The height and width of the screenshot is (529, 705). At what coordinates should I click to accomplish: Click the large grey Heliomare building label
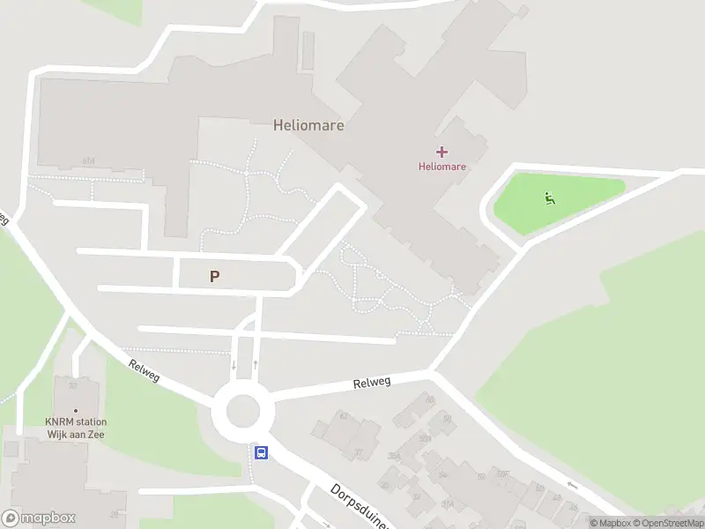[x=308, y=125]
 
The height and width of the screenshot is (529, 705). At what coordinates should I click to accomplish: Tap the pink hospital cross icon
[x=442, y=152]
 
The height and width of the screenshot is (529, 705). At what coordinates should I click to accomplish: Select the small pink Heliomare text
[x=442, y=166]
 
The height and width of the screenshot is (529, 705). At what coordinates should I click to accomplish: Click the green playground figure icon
[x=550, y=198]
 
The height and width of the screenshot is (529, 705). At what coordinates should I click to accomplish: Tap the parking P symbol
[x=214, y=276]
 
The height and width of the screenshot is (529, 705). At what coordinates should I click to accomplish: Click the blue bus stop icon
[x=262, y=452]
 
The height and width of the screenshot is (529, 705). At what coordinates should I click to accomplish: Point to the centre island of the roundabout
[x=243, y=410]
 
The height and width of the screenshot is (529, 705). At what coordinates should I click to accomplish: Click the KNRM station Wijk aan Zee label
[x=76, y=428]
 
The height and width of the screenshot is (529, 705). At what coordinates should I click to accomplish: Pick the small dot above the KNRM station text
[x=76, y=410]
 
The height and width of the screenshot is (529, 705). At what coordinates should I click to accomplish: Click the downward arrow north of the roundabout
[x=234, y=364]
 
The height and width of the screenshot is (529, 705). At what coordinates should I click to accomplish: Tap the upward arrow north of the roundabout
[x=255, y=364]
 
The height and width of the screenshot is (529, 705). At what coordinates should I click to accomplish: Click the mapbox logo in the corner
[x=39, y=518]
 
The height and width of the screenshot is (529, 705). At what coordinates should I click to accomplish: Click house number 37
[x=359, y=453]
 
